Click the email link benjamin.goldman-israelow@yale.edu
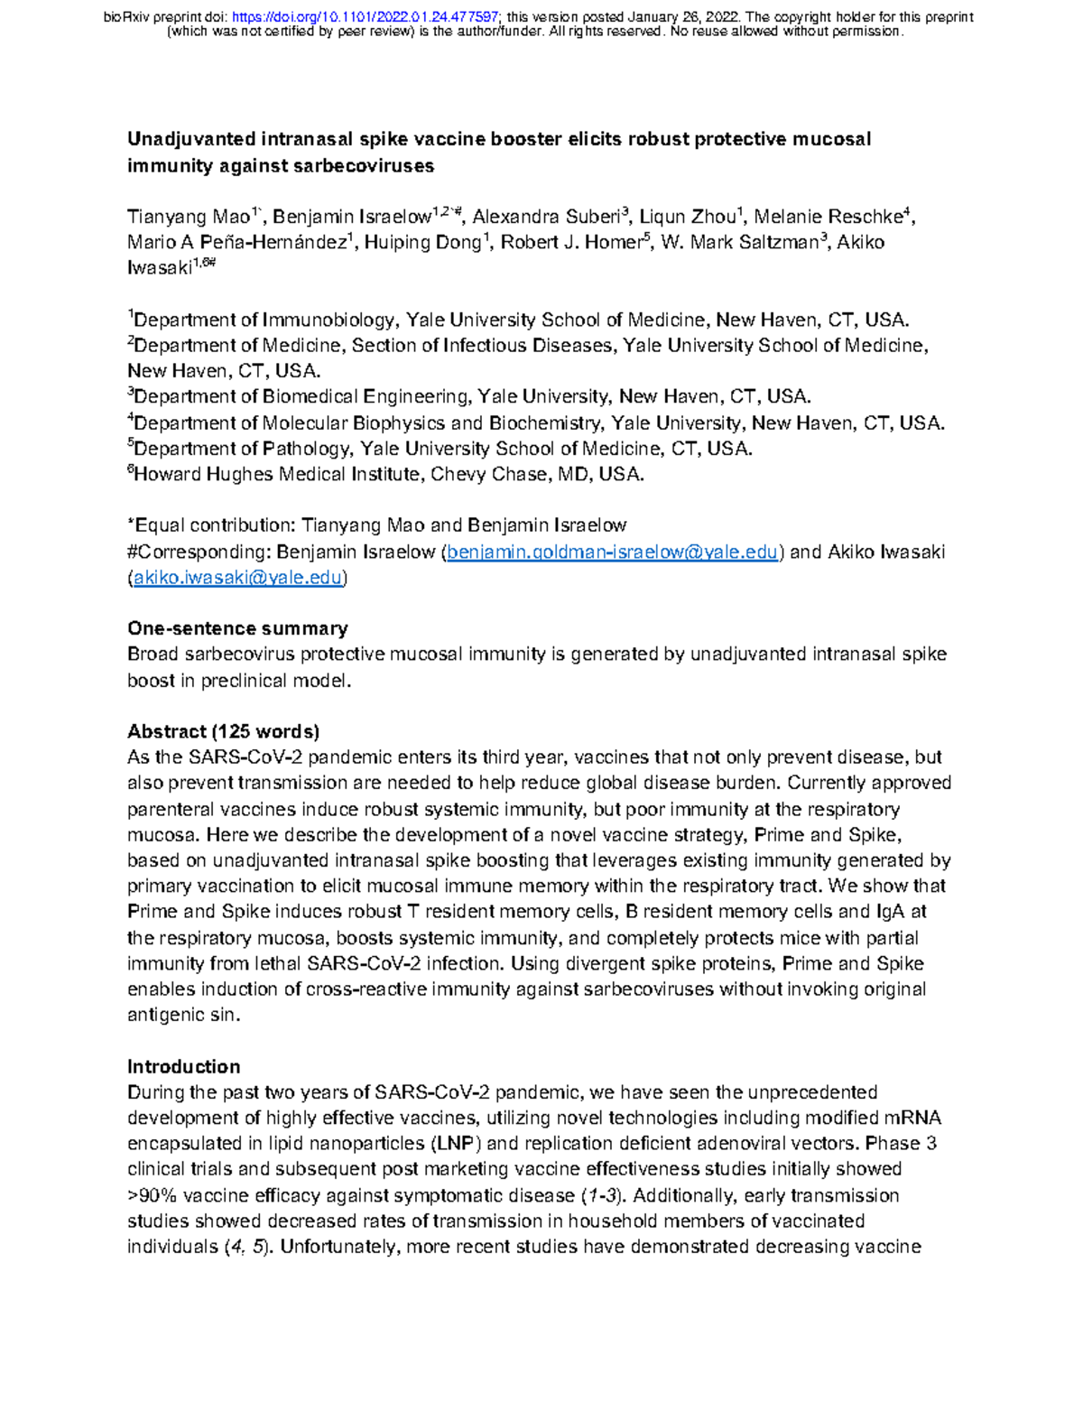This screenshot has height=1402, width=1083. [612, 552]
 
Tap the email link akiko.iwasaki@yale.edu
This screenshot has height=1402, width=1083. [237, 578]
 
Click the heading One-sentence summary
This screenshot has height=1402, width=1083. [237, 628]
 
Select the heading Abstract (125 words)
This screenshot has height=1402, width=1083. [223, 731]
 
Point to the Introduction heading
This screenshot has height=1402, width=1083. [183, 1066]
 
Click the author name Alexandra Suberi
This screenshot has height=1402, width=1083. [546, 217]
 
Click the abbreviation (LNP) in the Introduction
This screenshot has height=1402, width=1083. [456, 1144]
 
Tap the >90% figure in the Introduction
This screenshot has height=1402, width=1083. [152, 1195]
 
